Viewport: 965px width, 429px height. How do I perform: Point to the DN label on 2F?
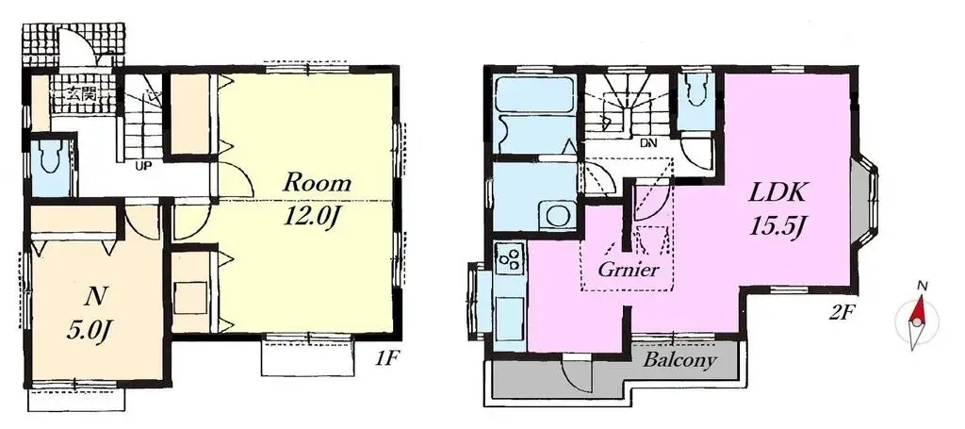pos(648,143)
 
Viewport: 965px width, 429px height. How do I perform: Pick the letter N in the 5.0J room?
pos(93,295)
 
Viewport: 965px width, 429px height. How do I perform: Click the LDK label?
pos(776,193)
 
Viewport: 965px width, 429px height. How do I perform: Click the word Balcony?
pos(679,360)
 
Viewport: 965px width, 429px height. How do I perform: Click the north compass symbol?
pos(916,318)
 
